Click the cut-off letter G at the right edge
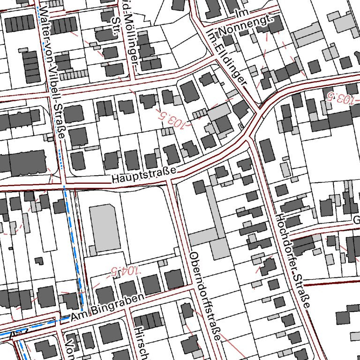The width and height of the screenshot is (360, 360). point(356,221)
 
